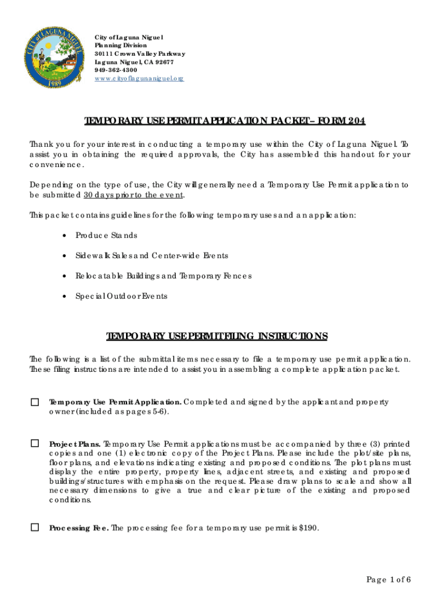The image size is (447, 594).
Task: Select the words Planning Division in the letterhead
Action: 121,45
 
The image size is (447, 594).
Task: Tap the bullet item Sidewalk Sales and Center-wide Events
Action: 152,256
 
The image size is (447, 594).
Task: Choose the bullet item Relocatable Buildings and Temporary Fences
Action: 163,276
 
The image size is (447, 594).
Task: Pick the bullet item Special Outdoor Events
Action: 121,296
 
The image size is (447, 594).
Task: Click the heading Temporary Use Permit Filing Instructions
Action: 217,337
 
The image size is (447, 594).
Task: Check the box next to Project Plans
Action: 35,443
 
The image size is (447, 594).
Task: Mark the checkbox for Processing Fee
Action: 35,527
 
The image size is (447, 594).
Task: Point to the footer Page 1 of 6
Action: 388,580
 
